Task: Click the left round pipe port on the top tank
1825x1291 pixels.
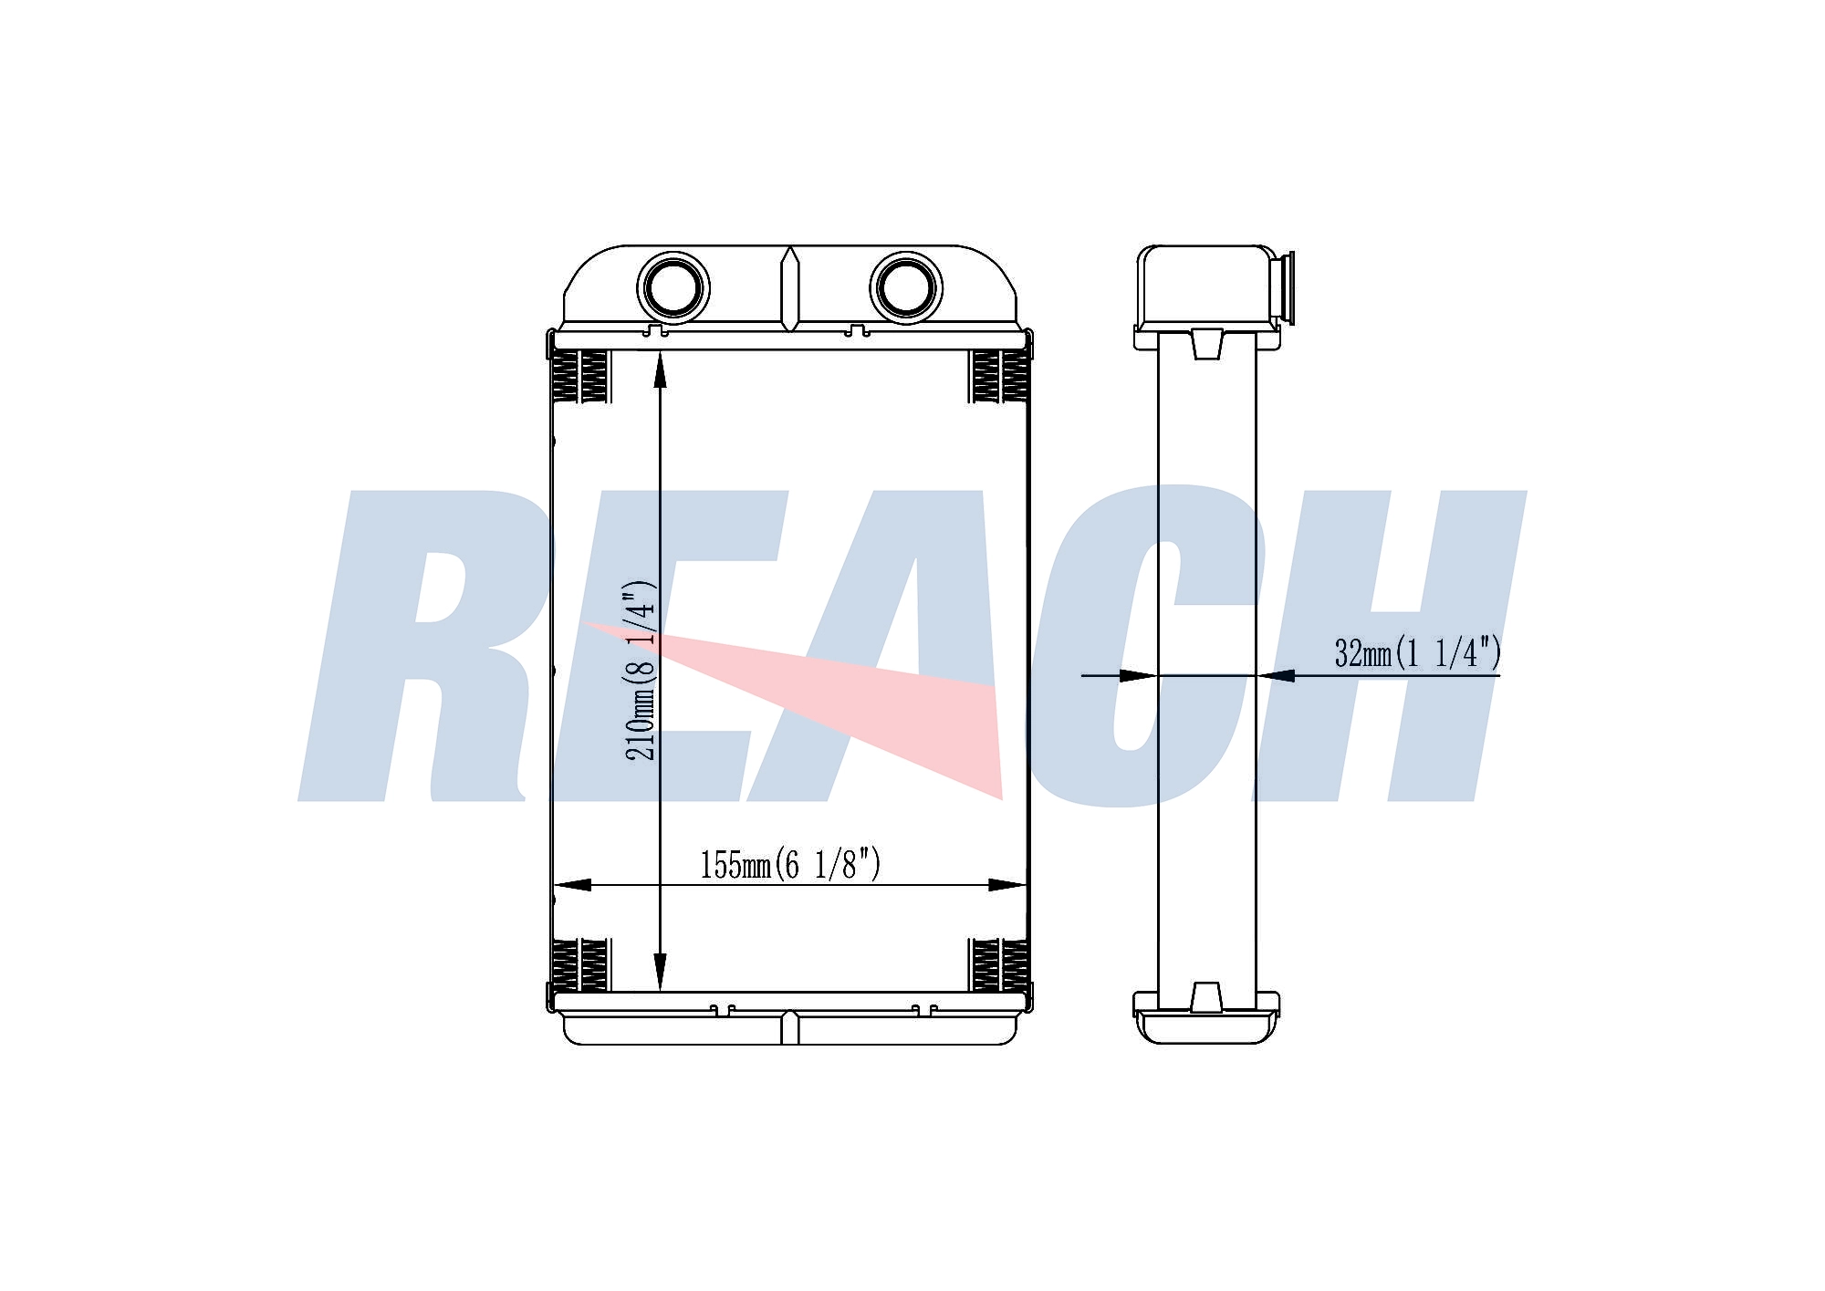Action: click(673, 288)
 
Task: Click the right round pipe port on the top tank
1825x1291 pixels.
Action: click(906, 288)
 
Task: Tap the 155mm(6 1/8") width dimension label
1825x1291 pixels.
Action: click(790, 864)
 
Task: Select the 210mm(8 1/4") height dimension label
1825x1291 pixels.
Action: click(640, 670)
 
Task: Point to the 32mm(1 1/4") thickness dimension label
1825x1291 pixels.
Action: click(1417, 653)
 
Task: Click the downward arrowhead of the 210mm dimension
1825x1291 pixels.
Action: click(660, 972)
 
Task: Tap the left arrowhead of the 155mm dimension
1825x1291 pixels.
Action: click(572, 885)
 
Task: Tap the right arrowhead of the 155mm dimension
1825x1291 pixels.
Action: click(1007, 885)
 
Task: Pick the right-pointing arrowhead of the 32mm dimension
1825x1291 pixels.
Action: click(1139, 676)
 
